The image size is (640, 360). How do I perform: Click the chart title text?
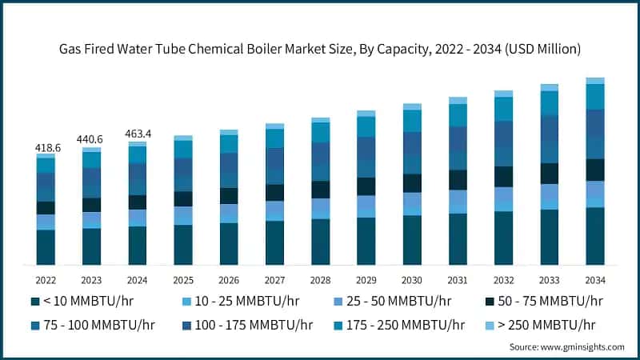320,50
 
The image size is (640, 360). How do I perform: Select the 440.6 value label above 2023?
91,139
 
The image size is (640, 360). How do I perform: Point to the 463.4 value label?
138,134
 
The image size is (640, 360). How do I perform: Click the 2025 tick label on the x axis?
183,280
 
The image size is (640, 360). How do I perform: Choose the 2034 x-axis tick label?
595,280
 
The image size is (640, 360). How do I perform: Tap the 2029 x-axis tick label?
366,280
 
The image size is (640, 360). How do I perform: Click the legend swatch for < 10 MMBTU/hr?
35,302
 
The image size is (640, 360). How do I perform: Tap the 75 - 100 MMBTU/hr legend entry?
93,325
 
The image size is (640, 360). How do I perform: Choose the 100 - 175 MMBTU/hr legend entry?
248,325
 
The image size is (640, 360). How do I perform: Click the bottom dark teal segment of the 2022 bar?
46,247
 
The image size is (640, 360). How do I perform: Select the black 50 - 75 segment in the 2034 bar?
595,170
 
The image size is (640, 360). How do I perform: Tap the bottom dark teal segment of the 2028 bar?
321,242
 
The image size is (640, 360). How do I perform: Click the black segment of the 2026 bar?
229,196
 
